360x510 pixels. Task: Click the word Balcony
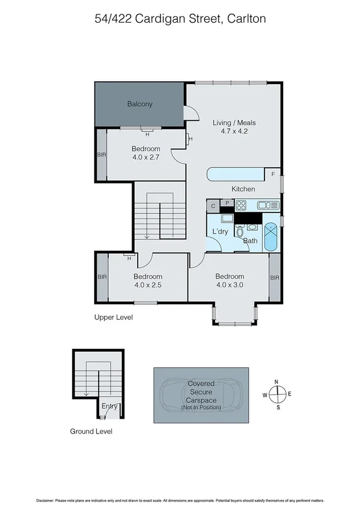139,104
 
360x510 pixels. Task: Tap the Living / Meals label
230,123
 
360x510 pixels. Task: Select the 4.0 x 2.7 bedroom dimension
146,158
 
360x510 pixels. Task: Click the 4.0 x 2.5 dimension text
147,286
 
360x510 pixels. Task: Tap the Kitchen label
243,189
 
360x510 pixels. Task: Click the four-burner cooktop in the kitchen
245,205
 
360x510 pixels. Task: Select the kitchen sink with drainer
268,205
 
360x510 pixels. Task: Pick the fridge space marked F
273,174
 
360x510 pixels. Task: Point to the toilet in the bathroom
240,232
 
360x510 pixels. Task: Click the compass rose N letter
276,382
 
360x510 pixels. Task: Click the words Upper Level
114,318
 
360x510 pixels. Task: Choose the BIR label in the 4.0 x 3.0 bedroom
275,278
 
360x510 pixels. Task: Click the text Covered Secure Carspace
201,392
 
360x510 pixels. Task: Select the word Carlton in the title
245,19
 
